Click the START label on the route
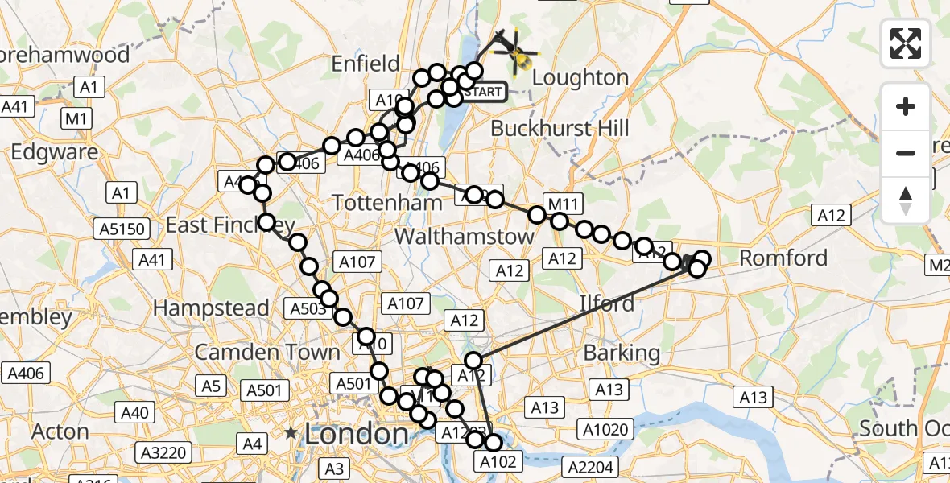483,92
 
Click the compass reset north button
906,200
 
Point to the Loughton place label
580,78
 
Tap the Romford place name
783,258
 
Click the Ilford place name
607,303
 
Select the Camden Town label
267,353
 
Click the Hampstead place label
211,308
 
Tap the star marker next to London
290,433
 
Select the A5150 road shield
122,229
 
